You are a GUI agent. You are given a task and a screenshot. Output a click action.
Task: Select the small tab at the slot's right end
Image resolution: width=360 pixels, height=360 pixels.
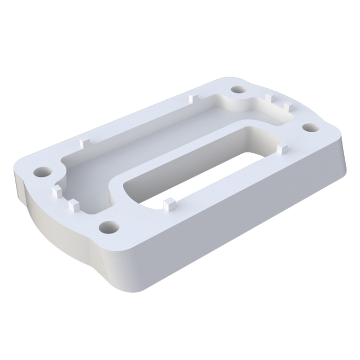pyautogui.click(x=280, y=149)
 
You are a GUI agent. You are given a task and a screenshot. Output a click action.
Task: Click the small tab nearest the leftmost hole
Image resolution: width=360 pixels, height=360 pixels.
pyautogui.click(x=57, y=192)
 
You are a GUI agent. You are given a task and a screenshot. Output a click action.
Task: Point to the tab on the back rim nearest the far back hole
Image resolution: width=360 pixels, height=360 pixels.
pyautogui.click(x=192, y=97)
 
